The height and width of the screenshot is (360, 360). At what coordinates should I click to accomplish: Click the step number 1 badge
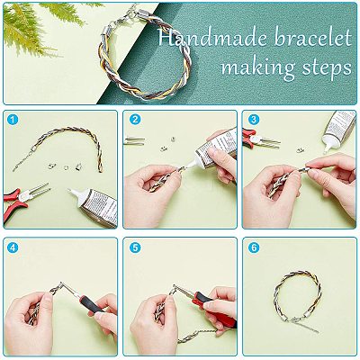tap(13, 121)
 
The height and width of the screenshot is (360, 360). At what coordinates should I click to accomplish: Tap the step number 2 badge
tap(135, 120)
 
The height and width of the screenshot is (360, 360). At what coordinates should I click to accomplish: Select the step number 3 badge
tap(254, 120)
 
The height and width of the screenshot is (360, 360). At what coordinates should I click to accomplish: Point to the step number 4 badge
tap(13, 247)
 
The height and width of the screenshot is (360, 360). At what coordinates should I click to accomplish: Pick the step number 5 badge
tap(135, 247)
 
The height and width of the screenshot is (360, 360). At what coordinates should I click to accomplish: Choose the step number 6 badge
tap(254, 247)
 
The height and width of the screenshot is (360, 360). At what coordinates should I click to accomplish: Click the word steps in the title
tap(327, 68)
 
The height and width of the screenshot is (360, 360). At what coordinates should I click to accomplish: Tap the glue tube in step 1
tap(94, 204)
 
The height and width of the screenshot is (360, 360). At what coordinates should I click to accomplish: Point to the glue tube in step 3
tap(338, 130)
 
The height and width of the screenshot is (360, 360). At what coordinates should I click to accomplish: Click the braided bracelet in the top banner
tap(143, 60)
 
